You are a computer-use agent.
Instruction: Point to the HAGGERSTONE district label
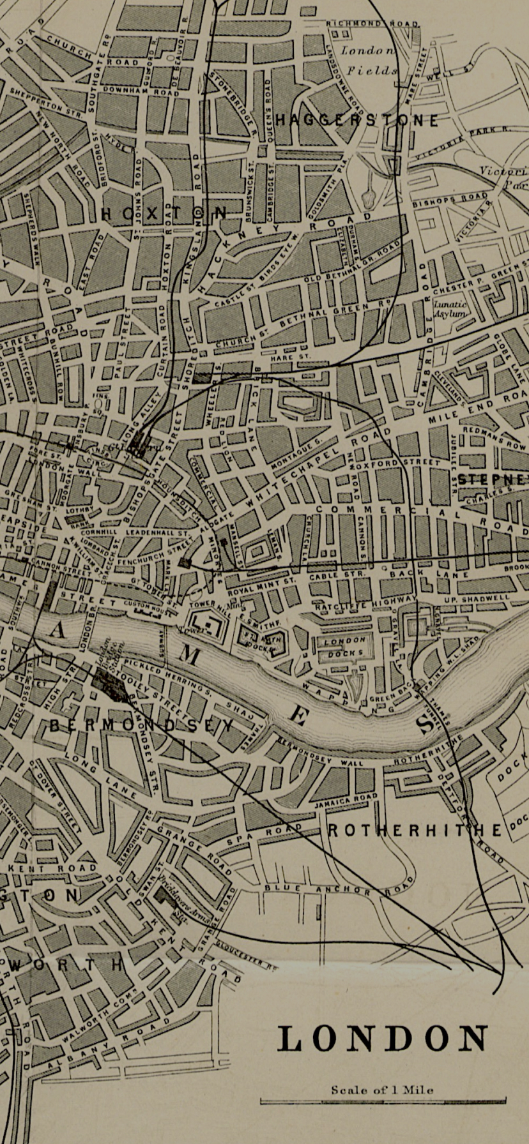(x=358, y=120)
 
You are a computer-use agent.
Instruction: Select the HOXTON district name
(x=164, y=213)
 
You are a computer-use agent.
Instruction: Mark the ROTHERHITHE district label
(x=415, y=830)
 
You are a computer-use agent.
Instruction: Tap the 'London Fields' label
(x=369, y=61)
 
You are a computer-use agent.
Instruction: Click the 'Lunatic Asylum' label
(x=451, y=309)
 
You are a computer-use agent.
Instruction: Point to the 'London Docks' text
(x=344, y=645)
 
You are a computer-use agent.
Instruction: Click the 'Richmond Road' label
(x=373, y=24)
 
